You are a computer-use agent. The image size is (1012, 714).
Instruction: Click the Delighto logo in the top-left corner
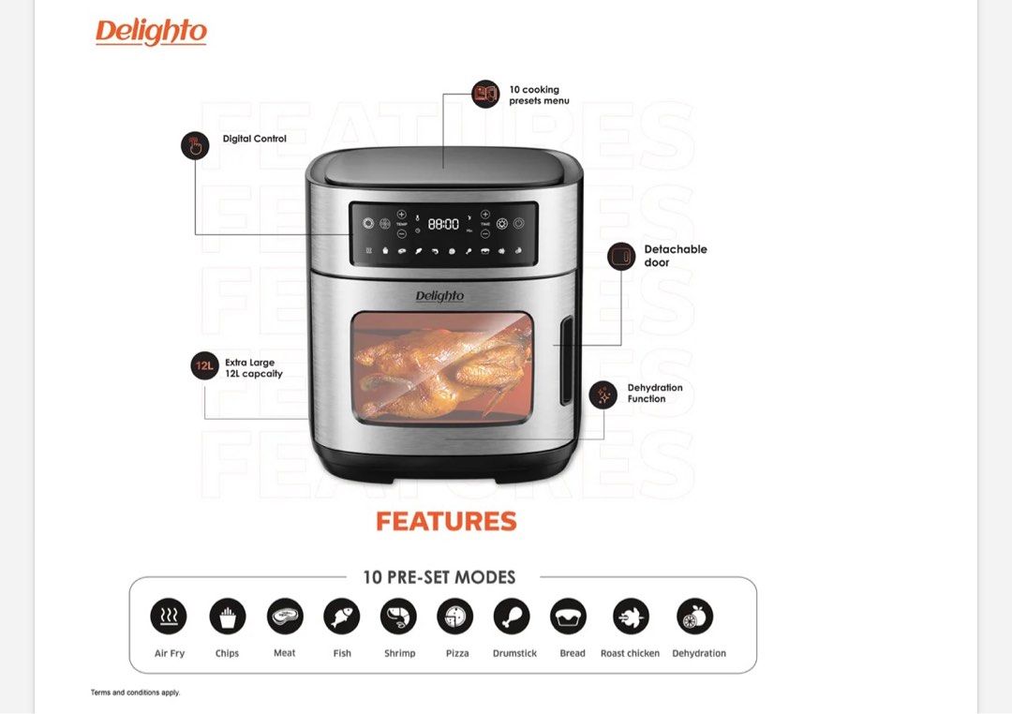click(151, 32)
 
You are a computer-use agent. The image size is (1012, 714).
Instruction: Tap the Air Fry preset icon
click(169, 617)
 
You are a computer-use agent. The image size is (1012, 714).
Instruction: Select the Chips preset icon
click(227, 617)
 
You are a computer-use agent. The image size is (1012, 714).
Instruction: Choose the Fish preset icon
click(342, 617)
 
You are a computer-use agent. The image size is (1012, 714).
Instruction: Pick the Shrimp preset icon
click(399, 617)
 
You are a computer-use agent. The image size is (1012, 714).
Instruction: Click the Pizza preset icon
click(455, 617)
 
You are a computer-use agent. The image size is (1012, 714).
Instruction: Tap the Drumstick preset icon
click(512, 617)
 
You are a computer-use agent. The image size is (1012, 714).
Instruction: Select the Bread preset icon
click(568, 617)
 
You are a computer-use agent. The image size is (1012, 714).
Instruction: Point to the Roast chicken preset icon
click(631, 617)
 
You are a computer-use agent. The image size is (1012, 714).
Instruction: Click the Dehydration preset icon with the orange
click(695, 617)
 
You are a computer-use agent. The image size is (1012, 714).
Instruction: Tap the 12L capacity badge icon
click(204, 365)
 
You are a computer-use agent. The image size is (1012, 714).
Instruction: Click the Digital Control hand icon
click(195, 145)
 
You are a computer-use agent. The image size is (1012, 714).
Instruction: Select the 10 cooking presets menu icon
click(485, 94)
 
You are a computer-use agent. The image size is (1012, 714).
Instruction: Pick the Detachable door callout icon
click(621, 256)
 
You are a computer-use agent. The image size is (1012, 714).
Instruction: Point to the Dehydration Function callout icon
click(603, 394)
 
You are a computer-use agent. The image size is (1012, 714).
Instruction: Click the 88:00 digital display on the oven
click(443, 225)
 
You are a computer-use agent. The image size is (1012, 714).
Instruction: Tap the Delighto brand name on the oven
click(439, 296)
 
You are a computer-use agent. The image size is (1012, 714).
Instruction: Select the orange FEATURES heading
click(446, 522)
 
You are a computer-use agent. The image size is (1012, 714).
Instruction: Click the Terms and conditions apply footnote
click(135, 692)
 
